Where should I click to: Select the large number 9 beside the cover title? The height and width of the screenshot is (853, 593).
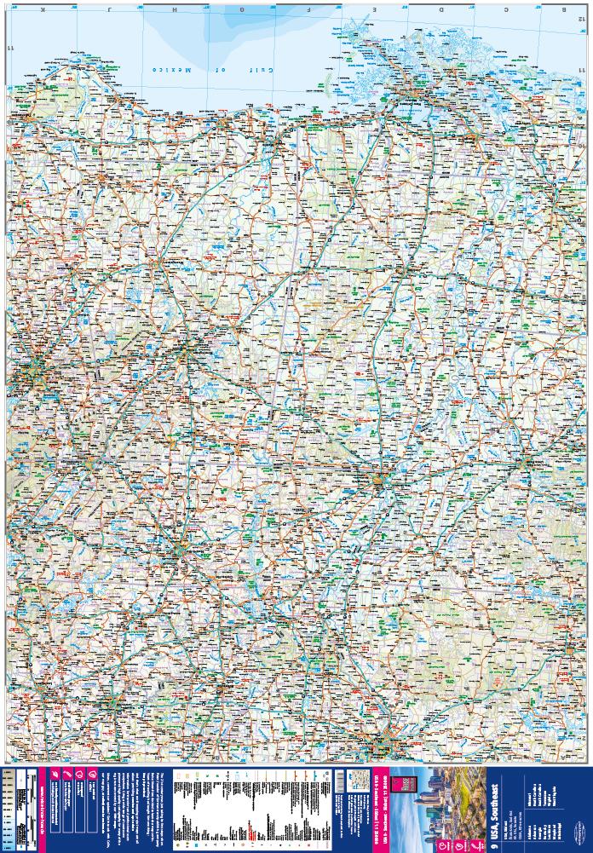tap(495, 838)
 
